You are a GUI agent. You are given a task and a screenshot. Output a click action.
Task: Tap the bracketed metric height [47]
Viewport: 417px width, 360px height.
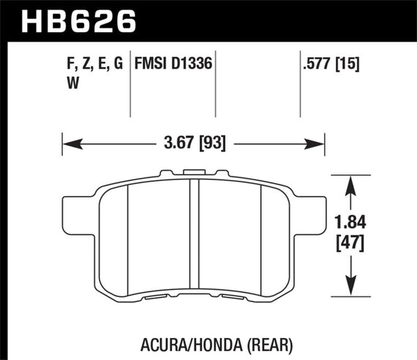click(x=356, y=242)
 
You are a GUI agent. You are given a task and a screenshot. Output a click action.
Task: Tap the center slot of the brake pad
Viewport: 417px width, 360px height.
click(x=195, y=234)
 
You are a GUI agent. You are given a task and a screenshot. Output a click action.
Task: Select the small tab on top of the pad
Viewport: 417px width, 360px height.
click(x=194, y=174)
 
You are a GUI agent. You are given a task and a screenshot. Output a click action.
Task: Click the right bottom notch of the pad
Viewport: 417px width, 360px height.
click(x=234, y=298)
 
